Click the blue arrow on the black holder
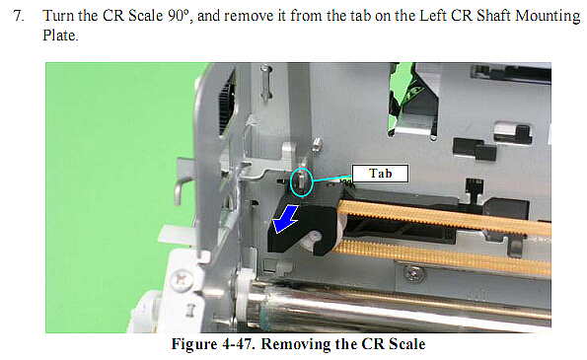(285, 219)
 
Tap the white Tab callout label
(380, 174)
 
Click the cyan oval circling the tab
(301, 182)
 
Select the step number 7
(19, 16)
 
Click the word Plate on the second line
(60, 36)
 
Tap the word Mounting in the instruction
(548, 16)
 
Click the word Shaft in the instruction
(493, 16)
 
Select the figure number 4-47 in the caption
(238, 344)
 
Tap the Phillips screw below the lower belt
(413, 274)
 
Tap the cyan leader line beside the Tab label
(332, 179)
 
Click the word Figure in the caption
(194, 344)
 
